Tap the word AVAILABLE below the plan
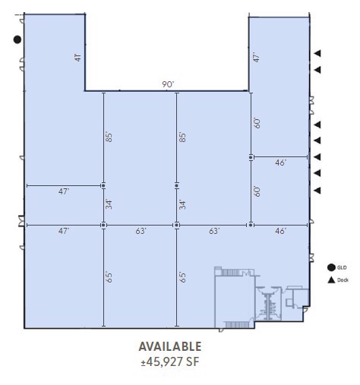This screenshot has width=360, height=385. point(170,346)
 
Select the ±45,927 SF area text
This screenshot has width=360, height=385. point(170,361)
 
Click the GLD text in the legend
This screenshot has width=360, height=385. point(343,267)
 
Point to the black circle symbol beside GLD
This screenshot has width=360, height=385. point(331,267)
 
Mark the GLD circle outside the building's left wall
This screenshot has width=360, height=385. point(17,39)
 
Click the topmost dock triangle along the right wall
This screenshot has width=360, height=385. point(318,52)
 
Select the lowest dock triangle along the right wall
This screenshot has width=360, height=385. point(318,190)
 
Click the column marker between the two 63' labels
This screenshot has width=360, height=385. point(176,225)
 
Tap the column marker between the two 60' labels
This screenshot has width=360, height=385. point(251,157)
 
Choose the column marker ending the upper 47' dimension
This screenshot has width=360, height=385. point(103,185)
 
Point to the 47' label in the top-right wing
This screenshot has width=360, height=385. point(257,58)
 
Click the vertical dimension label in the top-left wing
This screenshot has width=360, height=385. point(77,58)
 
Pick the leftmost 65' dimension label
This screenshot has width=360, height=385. point(109,277)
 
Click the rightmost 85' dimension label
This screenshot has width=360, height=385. point(182,138)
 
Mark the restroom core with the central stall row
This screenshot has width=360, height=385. point(268,304)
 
